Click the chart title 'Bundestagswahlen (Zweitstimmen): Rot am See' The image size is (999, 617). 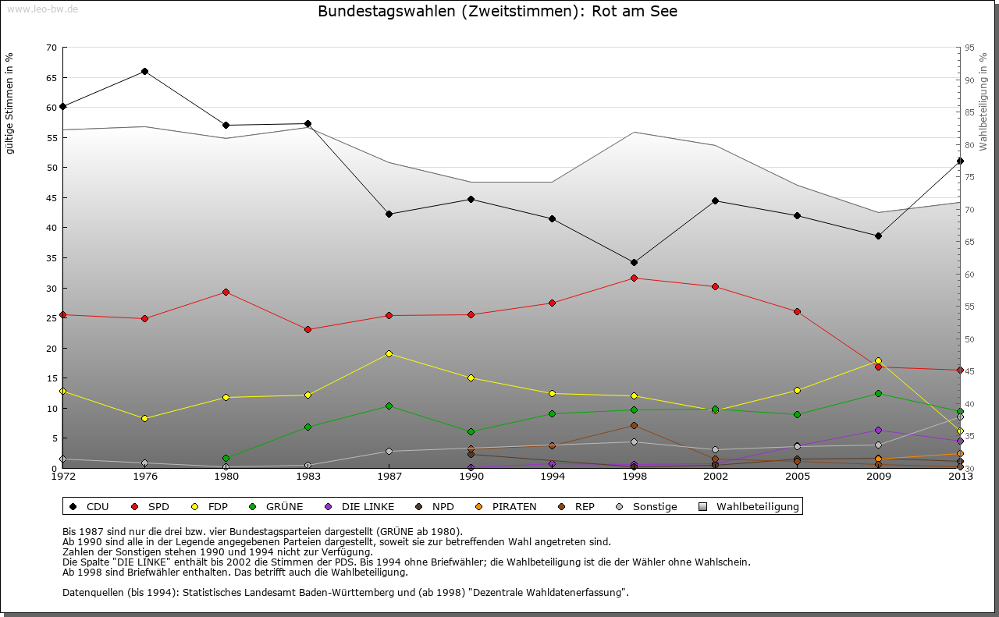point(498,12)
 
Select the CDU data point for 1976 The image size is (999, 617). point(144,71)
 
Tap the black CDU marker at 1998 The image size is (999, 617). point(634,262)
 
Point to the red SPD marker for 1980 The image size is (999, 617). point(226,292)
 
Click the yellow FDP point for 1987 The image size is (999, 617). point(389,353)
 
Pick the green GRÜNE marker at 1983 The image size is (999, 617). point(308,427)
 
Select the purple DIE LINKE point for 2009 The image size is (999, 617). point(878,430)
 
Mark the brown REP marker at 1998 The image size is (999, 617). point(634,425)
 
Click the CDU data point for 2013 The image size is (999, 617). point(960,161)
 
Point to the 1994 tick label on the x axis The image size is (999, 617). point(552,477)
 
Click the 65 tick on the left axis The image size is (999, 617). point(51,78)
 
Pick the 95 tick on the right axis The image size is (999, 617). point(969,48)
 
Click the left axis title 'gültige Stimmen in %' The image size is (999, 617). point(10,103)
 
